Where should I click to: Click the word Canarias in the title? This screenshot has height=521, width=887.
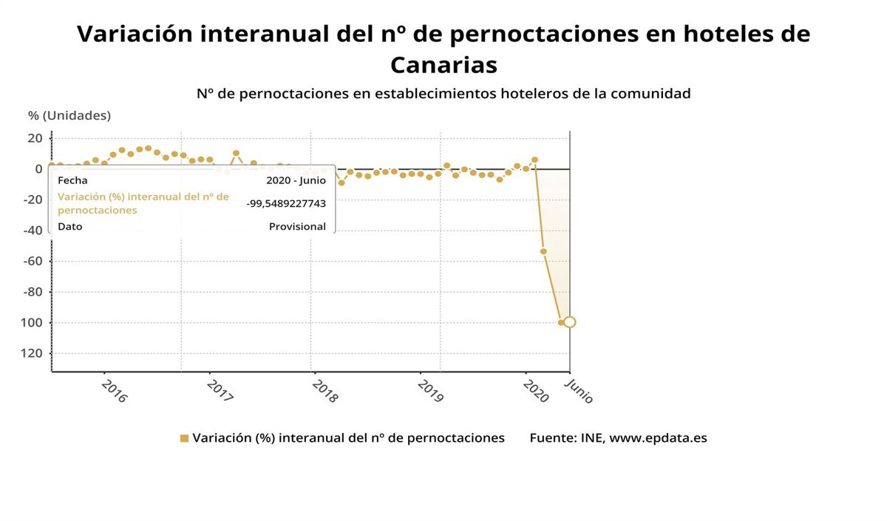click(x=443, y=65)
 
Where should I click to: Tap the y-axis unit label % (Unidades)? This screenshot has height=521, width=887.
click(x=69, y=115)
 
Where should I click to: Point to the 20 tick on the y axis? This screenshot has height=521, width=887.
click(x=35, y=138)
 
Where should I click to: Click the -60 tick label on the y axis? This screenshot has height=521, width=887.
click(x=32, y=261)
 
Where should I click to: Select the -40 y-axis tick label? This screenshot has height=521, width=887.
click(x=32, y=230)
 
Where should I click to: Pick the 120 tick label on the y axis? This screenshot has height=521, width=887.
click(x=32, y=353)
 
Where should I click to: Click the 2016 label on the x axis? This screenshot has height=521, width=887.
click(x=114, y=391)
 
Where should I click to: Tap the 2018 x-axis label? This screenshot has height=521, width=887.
click(x=324, y=391)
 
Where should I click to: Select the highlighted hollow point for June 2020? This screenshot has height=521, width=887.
click(x=569, y=321)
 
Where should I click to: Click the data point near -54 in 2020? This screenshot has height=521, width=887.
click(x=543, y=251)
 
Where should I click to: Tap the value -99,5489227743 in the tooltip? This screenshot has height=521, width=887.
click(x=286, y=203)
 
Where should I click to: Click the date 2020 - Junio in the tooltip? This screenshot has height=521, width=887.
click(x=296, y=180)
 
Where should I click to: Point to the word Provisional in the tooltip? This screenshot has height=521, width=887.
click(x=297, y=227)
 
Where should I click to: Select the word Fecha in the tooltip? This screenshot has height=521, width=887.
click(x=72, y=180)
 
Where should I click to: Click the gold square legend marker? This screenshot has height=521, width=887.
click(x=184, y=438)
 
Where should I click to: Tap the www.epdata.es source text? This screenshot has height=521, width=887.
click(x=658, y=437)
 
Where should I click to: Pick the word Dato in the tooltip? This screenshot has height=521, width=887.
click(x=70, y=227)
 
